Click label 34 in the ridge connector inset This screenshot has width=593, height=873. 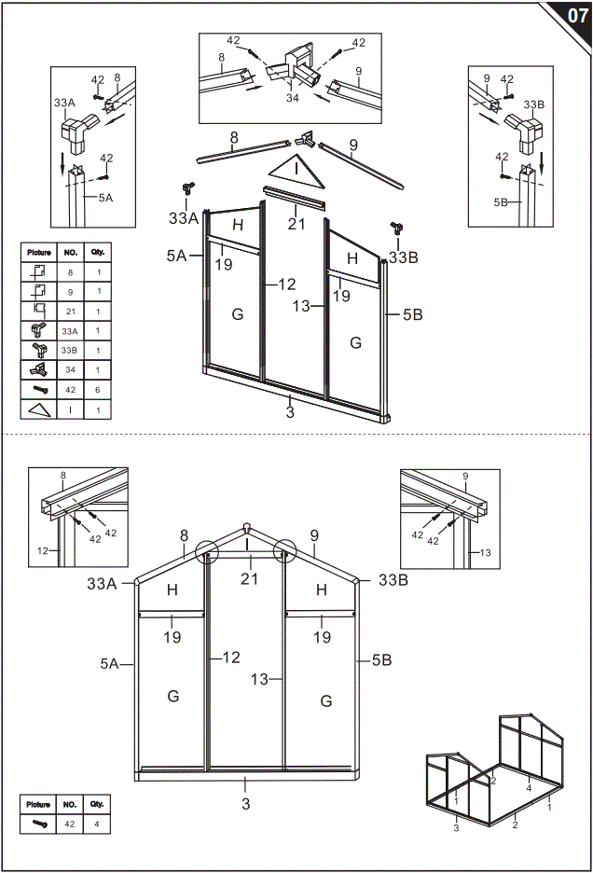292,97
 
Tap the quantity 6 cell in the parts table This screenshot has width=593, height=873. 98,389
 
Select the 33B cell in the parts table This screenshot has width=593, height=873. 70,350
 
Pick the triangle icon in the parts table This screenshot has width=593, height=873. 39,409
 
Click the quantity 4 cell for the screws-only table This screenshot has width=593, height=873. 98,824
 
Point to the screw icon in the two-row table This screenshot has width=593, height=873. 39,824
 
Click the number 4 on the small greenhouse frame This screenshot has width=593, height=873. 529,788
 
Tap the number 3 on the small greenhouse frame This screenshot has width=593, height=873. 456,827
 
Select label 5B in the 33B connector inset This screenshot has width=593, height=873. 499,201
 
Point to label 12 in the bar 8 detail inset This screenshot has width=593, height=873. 43,551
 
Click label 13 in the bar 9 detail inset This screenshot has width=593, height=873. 486,553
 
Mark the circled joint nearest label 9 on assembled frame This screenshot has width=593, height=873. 283,552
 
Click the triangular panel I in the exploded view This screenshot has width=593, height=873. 296,171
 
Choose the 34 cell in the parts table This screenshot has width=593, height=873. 70,369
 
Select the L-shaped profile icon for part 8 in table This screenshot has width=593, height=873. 39,271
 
